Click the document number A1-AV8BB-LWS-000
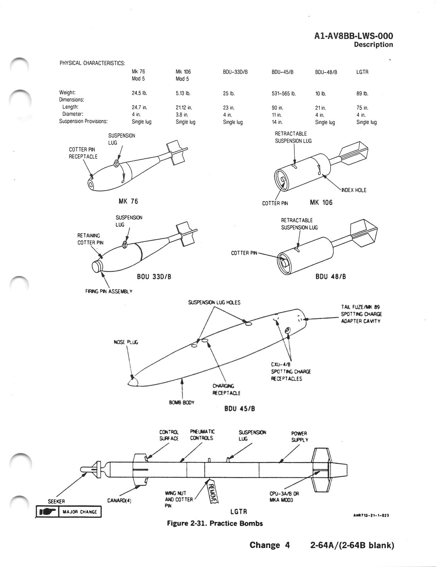click(353, 36)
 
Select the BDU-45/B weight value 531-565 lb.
click(283, 94)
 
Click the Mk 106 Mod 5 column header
click(183, 75)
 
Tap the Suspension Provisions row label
click(83, 121)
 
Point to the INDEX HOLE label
click(353, 190)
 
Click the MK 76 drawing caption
click(128, 201)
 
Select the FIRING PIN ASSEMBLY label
click(109, 291)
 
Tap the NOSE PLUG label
click(126, 342)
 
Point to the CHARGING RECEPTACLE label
click(226, 389)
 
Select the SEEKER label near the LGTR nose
click(56, 501)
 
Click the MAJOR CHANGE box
click(69, 512)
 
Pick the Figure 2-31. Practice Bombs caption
click(215, 523)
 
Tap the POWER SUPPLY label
click(299, 436)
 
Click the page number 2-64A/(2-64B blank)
click(352, 545)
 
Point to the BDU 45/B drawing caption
click(240, 408)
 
